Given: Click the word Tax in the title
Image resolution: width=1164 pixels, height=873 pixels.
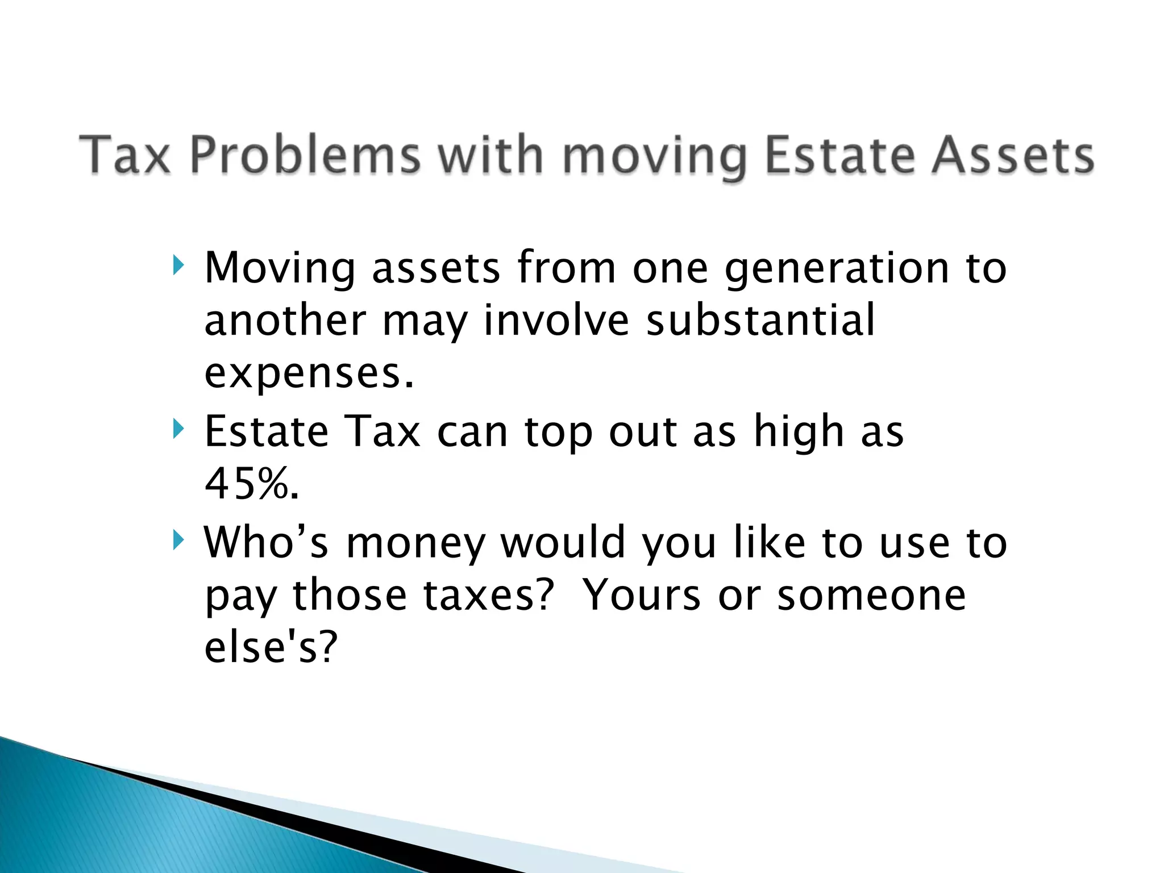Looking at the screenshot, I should (125, 155).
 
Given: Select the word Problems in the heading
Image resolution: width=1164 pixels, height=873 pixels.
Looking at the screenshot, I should (305, 155).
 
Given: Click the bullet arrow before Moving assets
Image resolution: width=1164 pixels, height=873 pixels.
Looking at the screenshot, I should (178, 264).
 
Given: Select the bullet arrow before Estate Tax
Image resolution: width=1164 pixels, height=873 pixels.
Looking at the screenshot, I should (178, 429).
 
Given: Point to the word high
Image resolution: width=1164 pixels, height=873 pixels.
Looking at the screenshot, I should (799, 432).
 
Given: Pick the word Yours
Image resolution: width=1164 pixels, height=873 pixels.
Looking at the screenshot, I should (642, 596).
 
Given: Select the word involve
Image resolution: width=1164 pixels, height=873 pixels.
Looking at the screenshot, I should (556, 321).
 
